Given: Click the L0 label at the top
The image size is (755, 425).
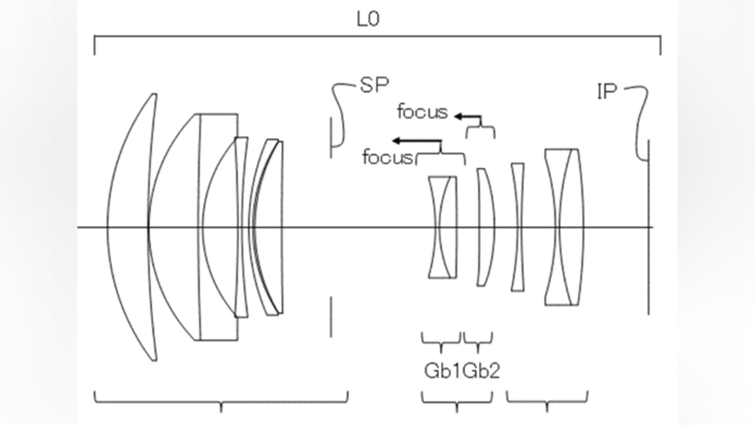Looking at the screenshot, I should (x=368, y=19).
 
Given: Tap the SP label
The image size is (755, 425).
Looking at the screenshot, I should (x=374, y=86).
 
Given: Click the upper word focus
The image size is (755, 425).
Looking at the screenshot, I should (x=422, y=112).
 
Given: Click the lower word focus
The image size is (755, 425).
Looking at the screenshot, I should (x=388, y=157).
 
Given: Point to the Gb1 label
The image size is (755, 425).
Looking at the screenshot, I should (x=442, y=371).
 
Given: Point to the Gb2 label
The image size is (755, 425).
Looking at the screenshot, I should (x=481, y=371).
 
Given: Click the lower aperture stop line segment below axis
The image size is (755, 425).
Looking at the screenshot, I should (x=331, y=316).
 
